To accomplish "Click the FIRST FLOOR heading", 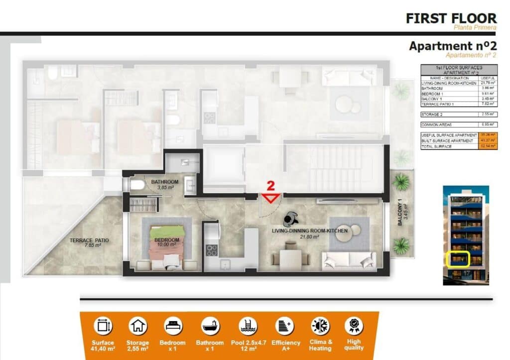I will coord(451,18).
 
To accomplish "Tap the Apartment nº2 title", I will coord(452,46).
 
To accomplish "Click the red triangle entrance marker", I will coord(270,198).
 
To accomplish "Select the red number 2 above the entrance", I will coord(270,186).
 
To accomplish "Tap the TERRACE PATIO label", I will coord(89,242).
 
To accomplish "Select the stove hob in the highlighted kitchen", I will coord(212,250).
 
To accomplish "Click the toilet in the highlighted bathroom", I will coord(136,186).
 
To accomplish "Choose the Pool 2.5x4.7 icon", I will coord(248,326).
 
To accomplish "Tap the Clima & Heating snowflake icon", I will coord(320,326).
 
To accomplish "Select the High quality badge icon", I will coord(354,326).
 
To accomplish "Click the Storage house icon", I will coord(137,326).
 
